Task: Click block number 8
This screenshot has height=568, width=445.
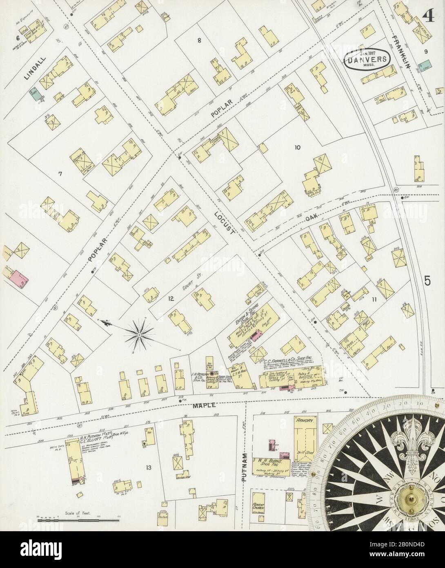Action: (199, 40)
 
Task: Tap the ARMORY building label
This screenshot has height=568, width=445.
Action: (305, 420)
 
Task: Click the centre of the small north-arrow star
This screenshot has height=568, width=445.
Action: (139, 335)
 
